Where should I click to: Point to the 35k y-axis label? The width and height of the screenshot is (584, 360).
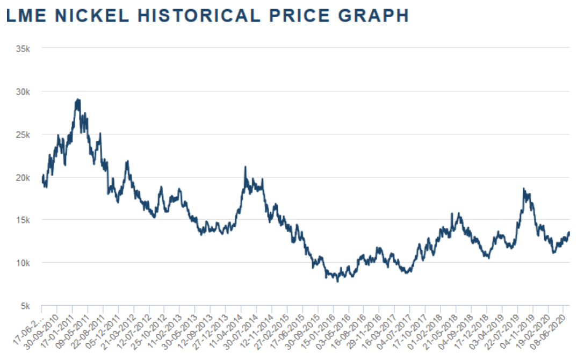(x=23, y=48)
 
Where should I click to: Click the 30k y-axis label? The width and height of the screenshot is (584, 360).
(x=23, y=91)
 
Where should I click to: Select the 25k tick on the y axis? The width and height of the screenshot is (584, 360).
(x=23, y=134)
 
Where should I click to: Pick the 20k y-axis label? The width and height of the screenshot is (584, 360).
(x=23, y=177)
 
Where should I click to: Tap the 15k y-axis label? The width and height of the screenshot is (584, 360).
(x=23, y=220)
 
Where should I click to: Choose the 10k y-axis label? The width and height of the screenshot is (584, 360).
(x=23, y=263)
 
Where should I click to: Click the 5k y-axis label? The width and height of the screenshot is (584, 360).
(x=25, y=306)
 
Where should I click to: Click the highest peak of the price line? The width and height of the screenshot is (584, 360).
(x=78, y=99)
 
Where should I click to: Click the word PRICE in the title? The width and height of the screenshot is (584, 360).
(x=302, y=16)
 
